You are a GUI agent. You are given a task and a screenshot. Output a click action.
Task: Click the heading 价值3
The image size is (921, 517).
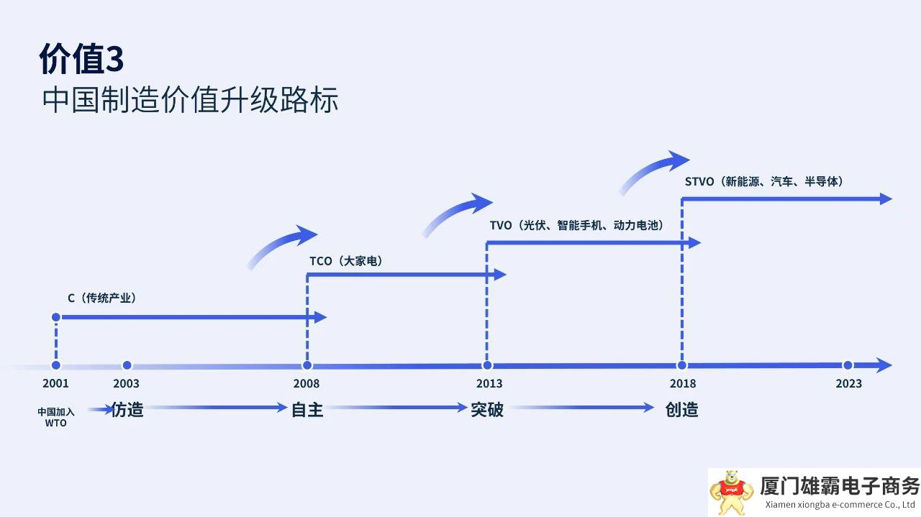coord(81,59)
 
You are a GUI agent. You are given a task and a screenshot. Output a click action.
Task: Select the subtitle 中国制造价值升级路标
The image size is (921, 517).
coord(190,100)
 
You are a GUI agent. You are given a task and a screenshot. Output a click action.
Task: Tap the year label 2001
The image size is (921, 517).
coord(55,383)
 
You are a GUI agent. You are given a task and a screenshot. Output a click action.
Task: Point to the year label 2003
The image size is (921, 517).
coord(127,383)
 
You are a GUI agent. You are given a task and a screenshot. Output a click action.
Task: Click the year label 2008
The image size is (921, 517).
coord(307,383)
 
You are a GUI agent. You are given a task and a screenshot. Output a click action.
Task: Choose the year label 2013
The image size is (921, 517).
coord(489,383)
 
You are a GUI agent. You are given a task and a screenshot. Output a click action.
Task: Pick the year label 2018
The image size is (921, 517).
coord(682,383)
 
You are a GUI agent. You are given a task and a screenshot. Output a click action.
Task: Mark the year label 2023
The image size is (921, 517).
coord(848,383)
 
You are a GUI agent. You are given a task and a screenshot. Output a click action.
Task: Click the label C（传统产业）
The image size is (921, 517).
coord(102,298)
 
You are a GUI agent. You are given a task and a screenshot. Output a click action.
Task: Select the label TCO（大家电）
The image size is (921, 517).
coord(346,261)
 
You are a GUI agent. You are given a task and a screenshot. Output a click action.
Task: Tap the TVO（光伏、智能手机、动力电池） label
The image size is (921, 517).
coord(576,225)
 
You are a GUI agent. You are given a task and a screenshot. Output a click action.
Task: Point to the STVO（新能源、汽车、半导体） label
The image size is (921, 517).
coord(764,182)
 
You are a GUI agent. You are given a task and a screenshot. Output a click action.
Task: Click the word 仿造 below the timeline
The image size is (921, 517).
coord(127,410)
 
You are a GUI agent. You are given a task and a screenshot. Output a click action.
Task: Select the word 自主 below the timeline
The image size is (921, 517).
coord(307,410)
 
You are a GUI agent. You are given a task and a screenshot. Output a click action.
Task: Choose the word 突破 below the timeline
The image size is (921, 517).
coord(487,410)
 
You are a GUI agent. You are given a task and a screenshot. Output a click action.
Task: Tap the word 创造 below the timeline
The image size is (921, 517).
coord(681,410)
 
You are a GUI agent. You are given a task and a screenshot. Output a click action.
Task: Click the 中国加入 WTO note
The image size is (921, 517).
coord(55,417)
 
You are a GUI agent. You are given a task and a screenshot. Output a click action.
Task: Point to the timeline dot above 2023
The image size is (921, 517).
coord(848,365)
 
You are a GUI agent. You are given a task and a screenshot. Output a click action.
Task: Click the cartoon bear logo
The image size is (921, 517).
coord(732,491)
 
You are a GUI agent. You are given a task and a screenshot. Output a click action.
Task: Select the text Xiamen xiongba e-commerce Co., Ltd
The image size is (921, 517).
coord(840,505)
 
